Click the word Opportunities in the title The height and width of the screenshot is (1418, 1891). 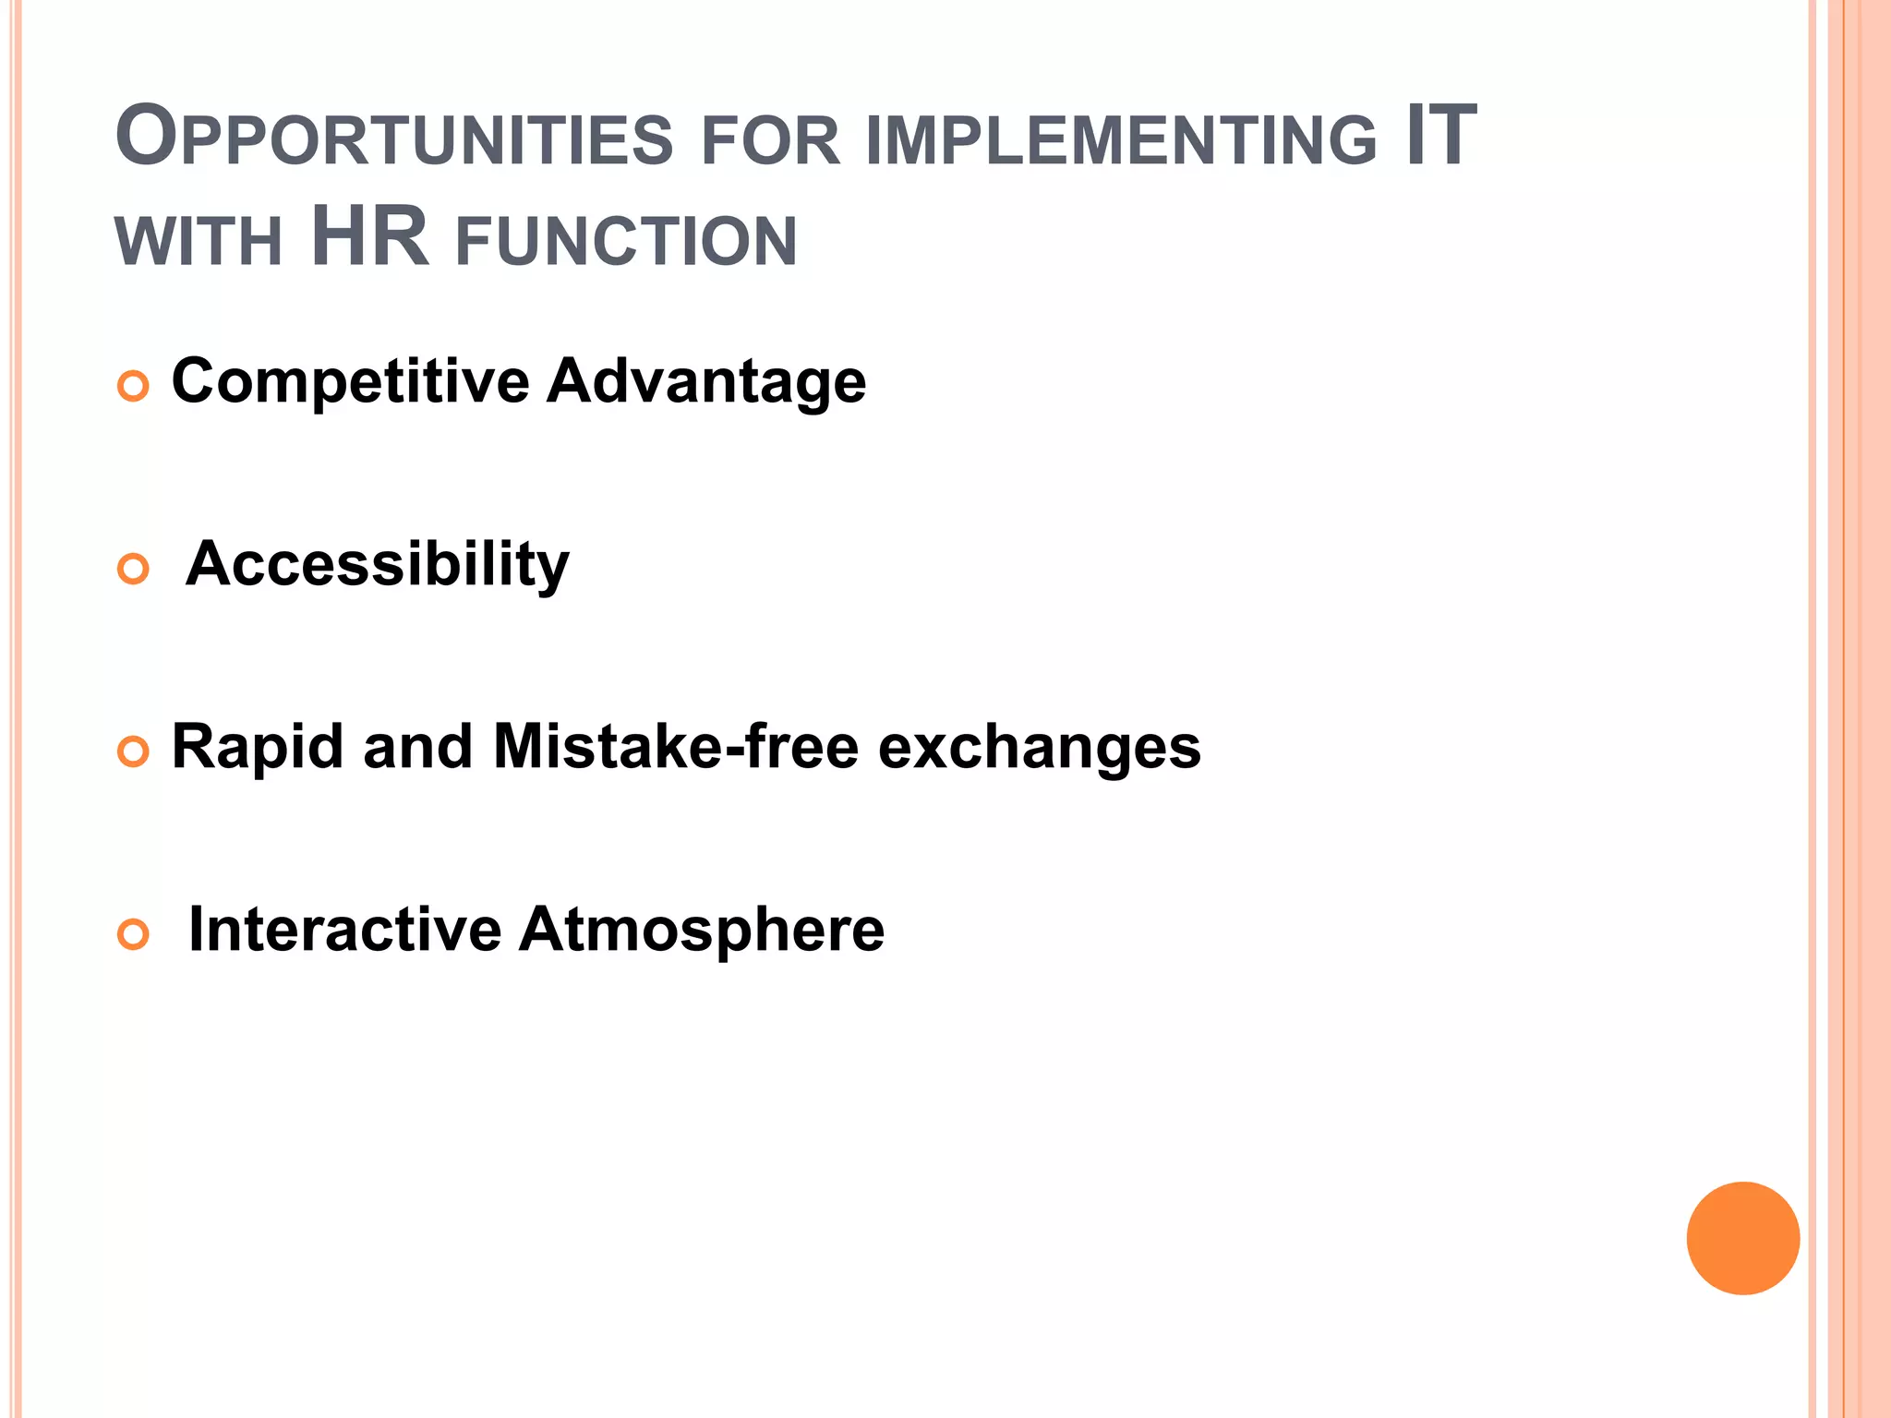tap(394, 138)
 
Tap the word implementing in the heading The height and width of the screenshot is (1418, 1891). tap(1121, 140)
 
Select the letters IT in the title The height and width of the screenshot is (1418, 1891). tap(1440, 137)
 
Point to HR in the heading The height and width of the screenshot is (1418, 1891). tap(370, 237)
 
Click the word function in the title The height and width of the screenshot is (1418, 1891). tap(626, 242)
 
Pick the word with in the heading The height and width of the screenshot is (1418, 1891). tap(199, 242)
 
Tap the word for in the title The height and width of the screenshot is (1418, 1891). tap(771, 142)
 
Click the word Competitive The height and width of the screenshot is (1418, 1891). tap(351, 381)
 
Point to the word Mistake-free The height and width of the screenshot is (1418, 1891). tap(676, 746)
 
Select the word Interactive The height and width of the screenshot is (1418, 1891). tap(344, 929)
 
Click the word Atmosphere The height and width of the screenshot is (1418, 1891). tap(702, 931)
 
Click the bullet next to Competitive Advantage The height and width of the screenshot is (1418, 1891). tap(134, 386)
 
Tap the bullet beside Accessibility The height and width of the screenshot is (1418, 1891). tap(134, 569)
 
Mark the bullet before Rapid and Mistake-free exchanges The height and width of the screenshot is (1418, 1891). tap(134, 751)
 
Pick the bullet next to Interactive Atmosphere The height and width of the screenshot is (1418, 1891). tap(134, 934)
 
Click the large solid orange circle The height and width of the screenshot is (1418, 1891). tap(1742, 1238)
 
